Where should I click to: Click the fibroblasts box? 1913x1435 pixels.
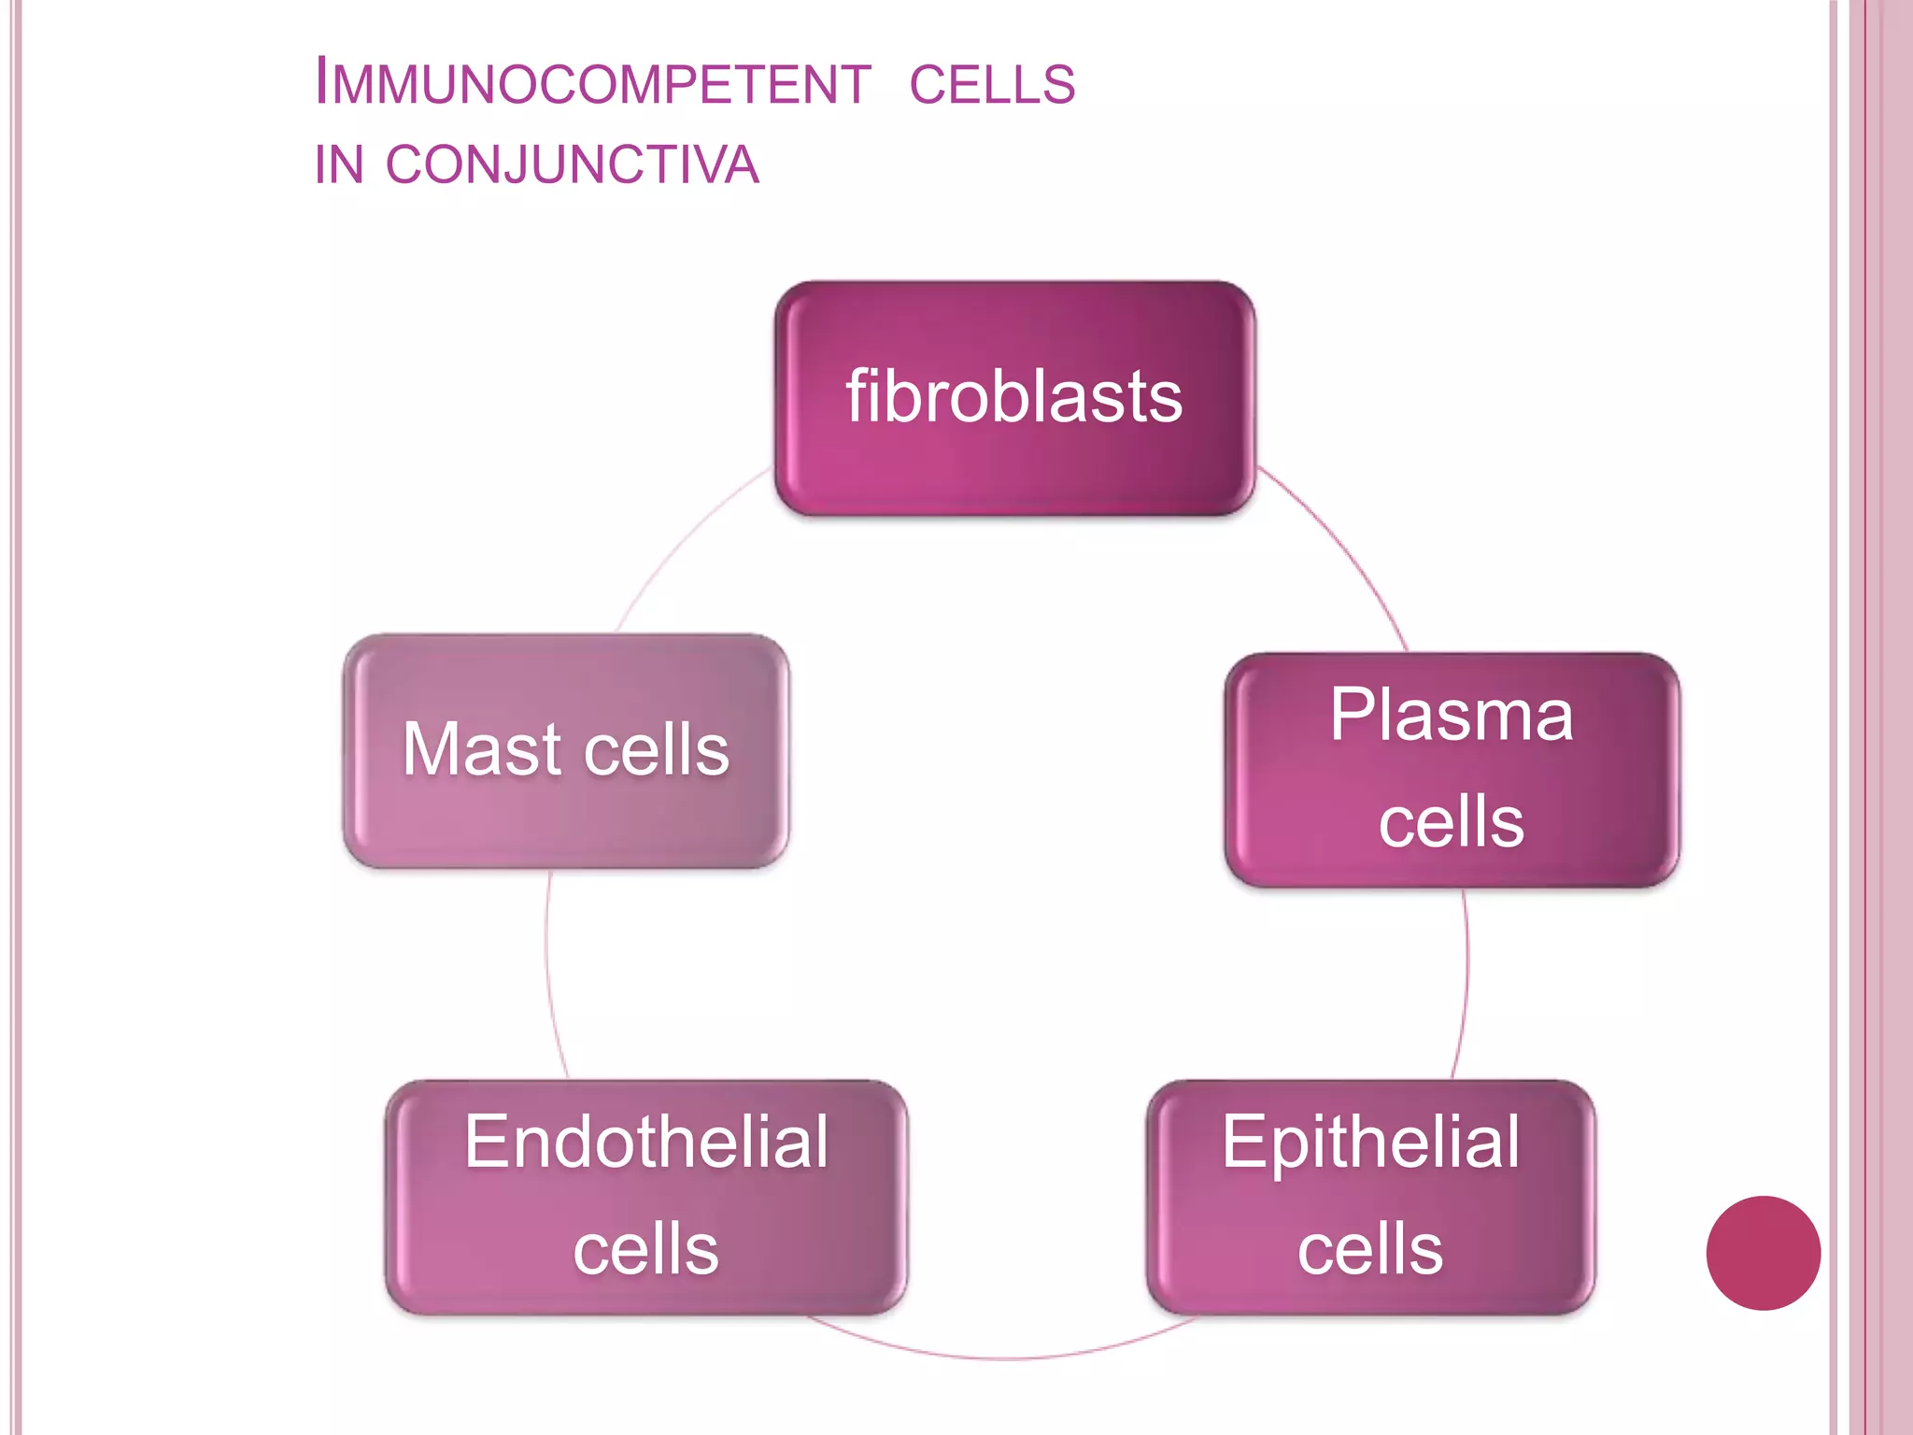(x=1014, y=398)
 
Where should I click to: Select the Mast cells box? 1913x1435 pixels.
(x=566, y=751)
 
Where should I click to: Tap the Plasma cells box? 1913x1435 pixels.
(x=1452, y=770)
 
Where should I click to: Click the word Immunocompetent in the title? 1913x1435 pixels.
(x=592, y=82)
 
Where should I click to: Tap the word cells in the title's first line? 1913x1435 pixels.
(x=992, y=84)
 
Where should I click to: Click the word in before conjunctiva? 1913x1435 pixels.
(x=338, y=165)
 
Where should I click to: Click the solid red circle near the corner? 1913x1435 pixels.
(x=1763, y=1253)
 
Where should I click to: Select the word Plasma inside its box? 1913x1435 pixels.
(x=1452, y=716)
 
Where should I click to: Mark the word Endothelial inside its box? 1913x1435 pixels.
(x=646, y=1142)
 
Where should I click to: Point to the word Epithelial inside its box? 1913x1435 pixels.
(x=1370, y=1142)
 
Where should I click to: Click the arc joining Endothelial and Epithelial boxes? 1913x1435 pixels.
(x=1004, y=1357)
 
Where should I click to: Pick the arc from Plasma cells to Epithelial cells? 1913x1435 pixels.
(x=1467, y=981)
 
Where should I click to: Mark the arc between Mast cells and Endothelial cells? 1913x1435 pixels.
(x=548, y=972)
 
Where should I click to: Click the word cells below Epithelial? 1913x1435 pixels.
(x=1370, y=1250)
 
